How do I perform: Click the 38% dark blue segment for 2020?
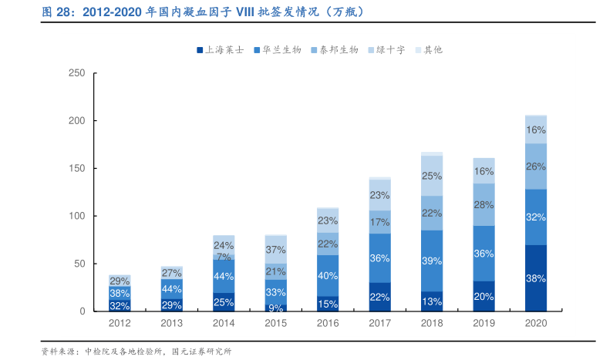[536, 278]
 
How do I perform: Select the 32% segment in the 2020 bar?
[536, 217]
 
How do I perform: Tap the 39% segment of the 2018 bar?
[432, 261]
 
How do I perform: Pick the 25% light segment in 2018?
[432, 176]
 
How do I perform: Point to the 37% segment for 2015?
[275, 250]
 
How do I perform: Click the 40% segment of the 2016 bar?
[328, 275]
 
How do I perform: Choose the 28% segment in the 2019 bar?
[483, 205]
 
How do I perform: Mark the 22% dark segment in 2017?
[379, 297]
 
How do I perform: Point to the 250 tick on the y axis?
[77, 74]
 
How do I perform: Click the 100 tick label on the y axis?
[77, 217]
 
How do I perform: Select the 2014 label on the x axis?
[224, 325]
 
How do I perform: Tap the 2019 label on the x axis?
[483, 325]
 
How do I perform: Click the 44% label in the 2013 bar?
[171, 289]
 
